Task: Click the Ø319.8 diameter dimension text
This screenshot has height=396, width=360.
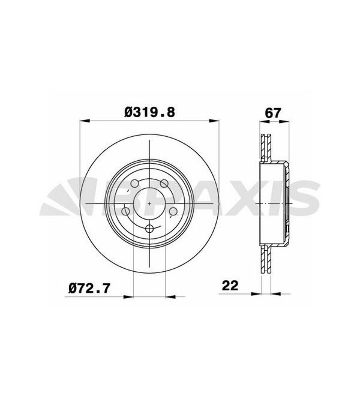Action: point(150,113)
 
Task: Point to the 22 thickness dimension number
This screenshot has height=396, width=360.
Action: point(230,286)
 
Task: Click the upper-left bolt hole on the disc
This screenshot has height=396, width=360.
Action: point(135,184)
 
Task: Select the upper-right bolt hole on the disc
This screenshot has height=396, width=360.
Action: point(164,184)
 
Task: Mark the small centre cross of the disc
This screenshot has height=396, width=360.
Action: point(149,203)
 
